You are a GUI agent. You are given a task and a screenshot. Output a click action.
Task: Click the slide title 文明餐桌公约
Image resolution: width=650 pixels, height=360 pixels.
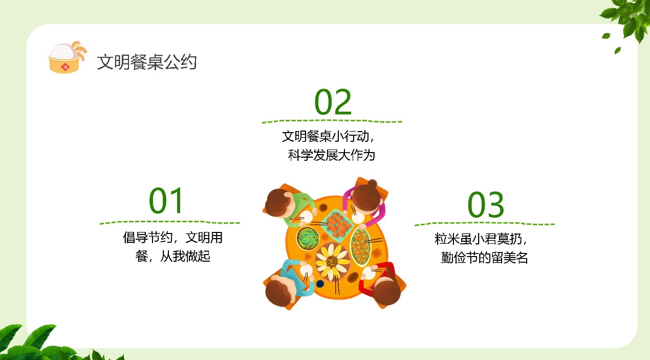click(x=147, y=62)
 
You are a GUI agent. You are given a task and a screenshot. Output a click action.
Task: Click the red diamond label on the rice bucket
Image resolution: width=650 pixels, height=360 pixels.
click(x=65, y=67)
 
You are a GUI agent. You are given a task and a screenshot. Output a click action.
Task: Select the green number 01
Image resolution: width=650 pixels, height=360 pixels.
click(x=166, y=200)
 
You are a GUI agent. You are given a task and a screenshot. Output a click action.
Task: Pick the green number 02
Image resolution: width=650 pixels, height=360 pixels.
click(x=333, y=102)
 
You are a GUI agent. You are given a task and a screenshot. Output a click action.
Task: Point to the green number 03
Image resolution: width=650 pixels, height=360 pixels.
click(x=486, y=205)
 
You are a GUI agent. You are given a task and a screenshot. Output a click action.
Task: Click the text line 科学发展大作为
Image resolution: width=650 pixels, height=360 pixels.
click(x=331, y=155)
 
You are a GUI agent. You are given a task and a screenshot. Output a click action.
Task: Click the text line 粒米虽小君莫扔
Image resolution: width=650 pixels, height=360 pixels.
click(x=478, y=239)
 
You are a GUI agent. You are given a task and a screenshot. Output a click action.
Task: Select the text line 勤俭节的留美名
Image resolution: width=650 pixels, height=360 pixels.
click(x=484, y=258)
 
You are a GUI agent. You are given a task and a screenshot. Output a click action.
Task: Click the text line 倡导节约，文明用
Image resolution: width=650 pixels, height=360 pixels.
click(x=172, y=237)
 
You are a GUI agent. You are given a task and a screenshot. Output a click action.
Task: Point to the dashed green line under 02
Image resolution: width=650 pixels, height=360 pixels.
click(x=332, y=121)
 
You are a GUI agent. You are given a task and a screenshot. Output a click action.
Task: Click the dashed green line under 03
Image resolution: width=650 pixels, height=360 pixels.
click(x=485, y=224)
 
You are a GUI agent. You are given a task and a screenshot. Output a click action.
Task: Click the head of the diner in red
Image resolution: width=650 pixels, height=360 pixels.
click(x=386, y=291)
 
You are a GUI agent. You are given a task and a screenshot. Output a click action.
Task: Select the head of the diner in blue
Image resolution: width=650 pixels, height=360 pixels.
click(x=279, y=292)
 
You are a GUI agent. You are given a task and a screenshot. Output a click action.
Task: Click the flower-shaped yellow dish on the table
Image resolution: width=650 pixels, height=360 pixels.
click(x=333, y=262)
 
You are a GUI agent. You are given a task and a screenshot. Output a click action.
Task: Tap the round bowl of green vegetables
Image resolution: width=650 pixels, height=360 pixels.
click(x=308, y=239)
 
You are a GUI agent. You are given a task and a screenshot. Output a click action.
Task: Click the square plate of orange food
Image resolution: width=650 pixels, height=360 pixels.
click(x=337, y=225)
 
